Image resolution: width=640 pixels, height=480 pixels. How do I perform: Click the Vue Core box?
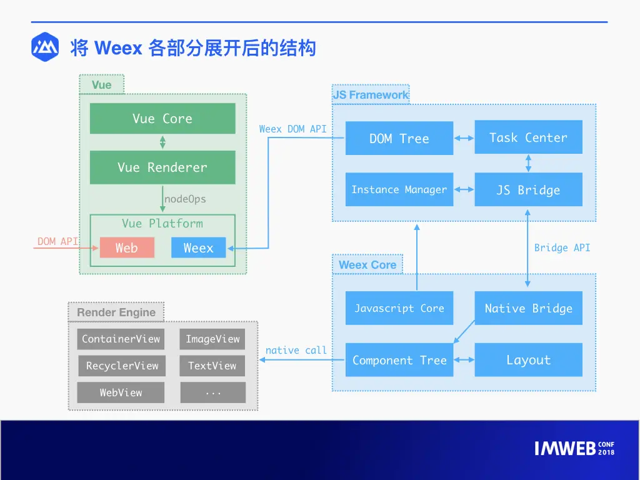pyautogui.click(x=162, y=118)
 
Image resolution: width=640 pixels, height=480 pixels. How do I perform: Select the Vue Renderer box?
pyautogui.click(x=162, y=167)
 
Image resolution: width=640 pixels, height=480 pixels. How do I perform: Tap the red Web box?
pyautogui.click(x=127, y=247)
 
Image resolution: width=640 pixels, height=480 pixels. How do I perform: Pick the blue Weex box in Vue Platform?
pyautogui.click(x=198, y=247)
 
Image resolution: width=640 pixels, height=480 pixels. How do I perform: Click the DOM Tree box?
pyautogui.click(x=399, y=138)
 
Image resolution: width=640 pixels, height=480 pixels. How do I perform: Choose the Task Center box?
pyautogui.click(x=529, y=137)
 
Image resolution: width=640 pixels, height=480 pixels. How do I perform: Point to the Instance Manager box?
pyautogui.click(x=399, y=189)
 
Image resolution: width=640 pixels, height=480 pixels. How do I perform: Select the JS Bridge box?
pyautogui.click(x=529, y=189)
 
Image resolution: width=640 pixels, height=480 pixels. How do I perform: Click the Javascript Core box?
pyautogui.click(x=399, y=308)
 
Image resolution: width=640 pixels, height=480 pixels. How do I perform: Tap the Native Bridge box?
pyautogui.click(x=529, y=308)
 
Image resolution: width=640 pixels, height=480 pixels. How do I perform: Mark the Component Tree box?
pyautogui.click(x=399, y=359)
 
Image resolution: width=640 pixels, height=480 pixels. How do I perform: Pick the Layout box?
pyautogui.click(x=529, y=359)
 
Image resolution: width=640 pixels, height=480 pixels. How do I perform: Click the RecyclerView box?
pyautogui.click(x=122, y=366)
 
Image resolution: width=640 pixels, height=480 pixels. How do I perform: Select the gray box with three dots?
pyautogui.click(x=213, y=392)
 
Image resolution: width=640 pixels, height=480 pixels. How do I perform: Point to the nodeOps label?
pyautogui.click(x=185, y=199)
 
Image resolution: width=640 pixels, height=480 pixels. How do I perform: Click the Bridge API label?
pyautogui.click(x=562, y=247)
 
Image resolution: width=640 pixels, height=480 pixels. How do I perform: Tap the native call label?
pyautogui.click(x=296, y=350)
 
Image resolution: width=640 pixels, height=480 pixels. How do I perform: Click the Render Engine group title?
pyautogui.click(x=116, y=312)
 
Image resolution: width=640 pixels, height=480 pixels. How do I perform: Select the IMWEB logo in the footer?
pyautogui.click(x=574, y=448)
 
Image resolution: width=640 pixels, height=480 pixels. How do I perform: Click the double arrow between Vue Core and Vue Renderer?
pyautogui.click(x=162, y=142)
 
